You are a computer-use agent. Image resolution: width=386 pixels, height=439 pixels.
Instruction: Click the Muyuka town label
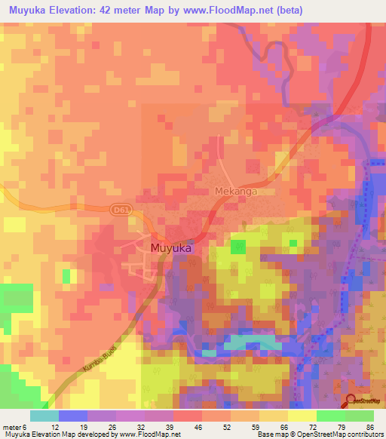tap(170, 247)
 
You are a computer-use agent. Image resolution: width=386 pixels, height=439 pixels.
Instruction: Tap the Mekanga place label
tap(236, 192)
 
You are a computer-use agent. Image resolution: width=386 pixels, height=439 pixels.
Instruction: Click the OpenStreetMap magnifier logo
tap(352, 400)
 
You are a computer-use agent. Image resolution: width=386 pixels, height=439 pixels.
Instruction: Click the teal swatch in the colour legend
tap(44, 416)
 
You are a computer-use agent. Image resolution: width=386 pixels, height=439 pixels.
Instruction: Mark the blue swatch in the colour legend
tap(73, 416)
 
